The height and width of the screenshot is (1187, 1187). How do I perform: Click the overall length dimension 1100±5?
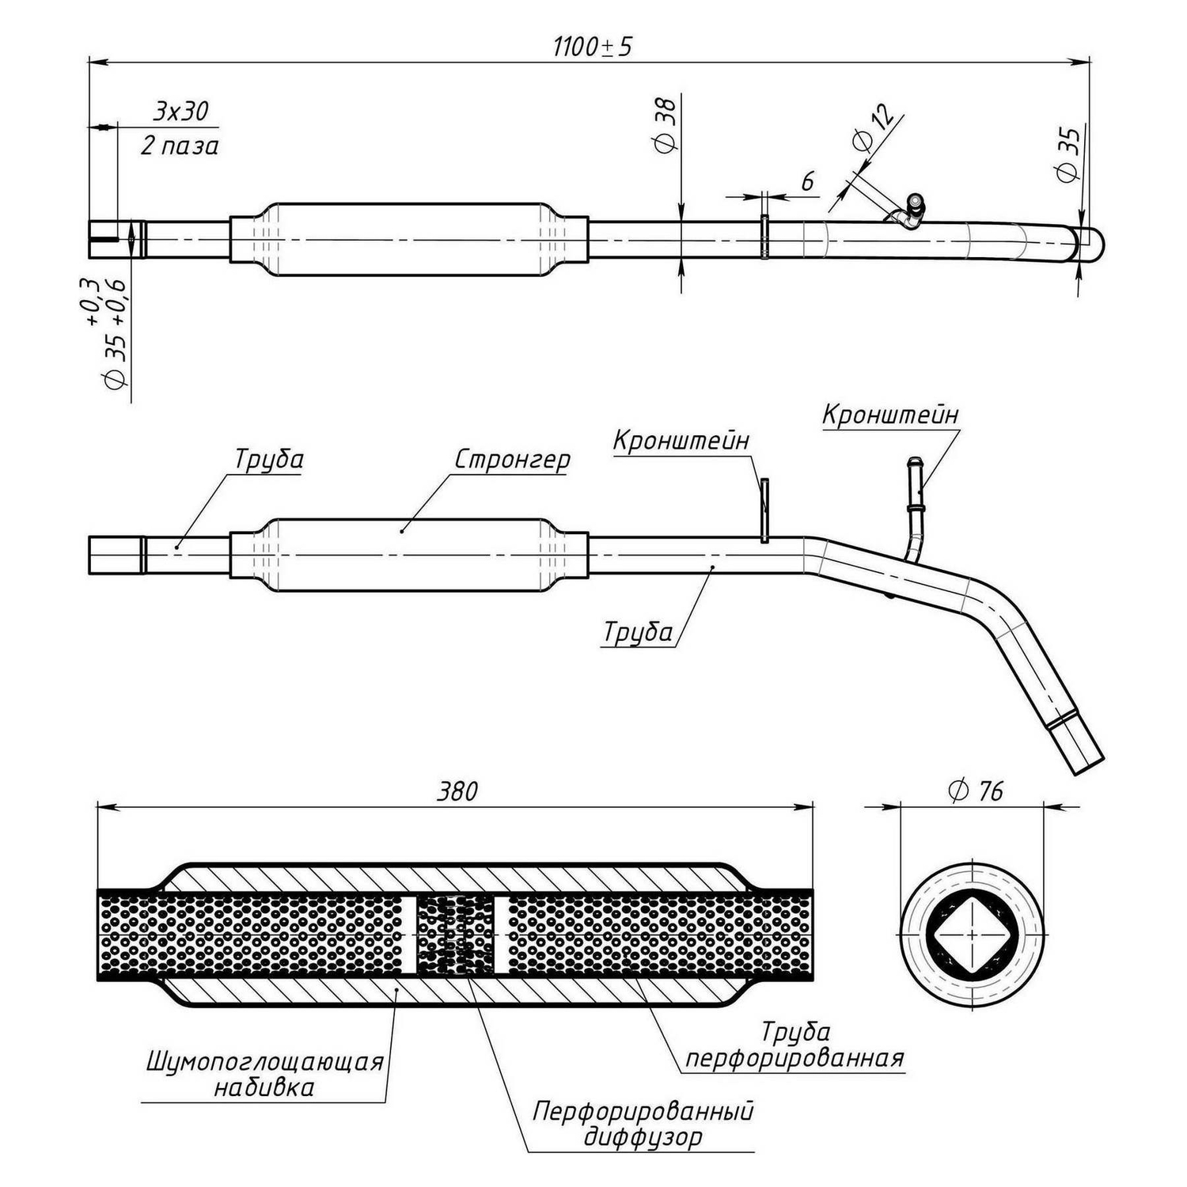593,47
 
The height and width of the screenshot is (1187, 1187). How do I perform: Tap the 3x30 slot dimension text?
181,111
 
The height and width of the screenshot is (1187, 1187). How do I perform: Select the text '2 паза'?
180,146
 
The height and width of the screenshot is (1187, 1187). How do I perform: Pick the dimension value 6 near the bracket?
807,181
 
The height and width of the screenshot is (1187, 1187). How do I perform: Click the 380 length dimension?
457,791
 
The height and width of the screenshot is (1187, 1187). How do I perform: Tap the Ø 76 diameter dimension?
975,791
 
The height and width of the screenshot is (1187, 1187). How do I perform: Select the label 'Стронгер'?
512,460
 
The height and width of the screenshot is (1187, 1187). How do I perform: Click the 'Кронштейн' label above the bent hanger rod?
890,414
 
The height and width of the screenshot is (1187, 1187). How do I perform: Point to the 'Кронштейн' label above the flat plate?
681,441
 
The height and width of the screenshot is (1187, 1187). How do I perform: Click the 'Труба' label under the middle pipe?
638,632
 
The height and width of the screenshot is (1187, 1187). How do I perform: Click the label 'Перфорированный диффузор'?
643,1124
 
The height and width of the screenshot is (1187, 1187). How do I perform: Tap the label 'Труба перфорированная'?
794,1045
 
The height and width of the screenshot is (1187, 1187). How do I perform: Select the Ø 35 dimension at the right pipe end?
1068,154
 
